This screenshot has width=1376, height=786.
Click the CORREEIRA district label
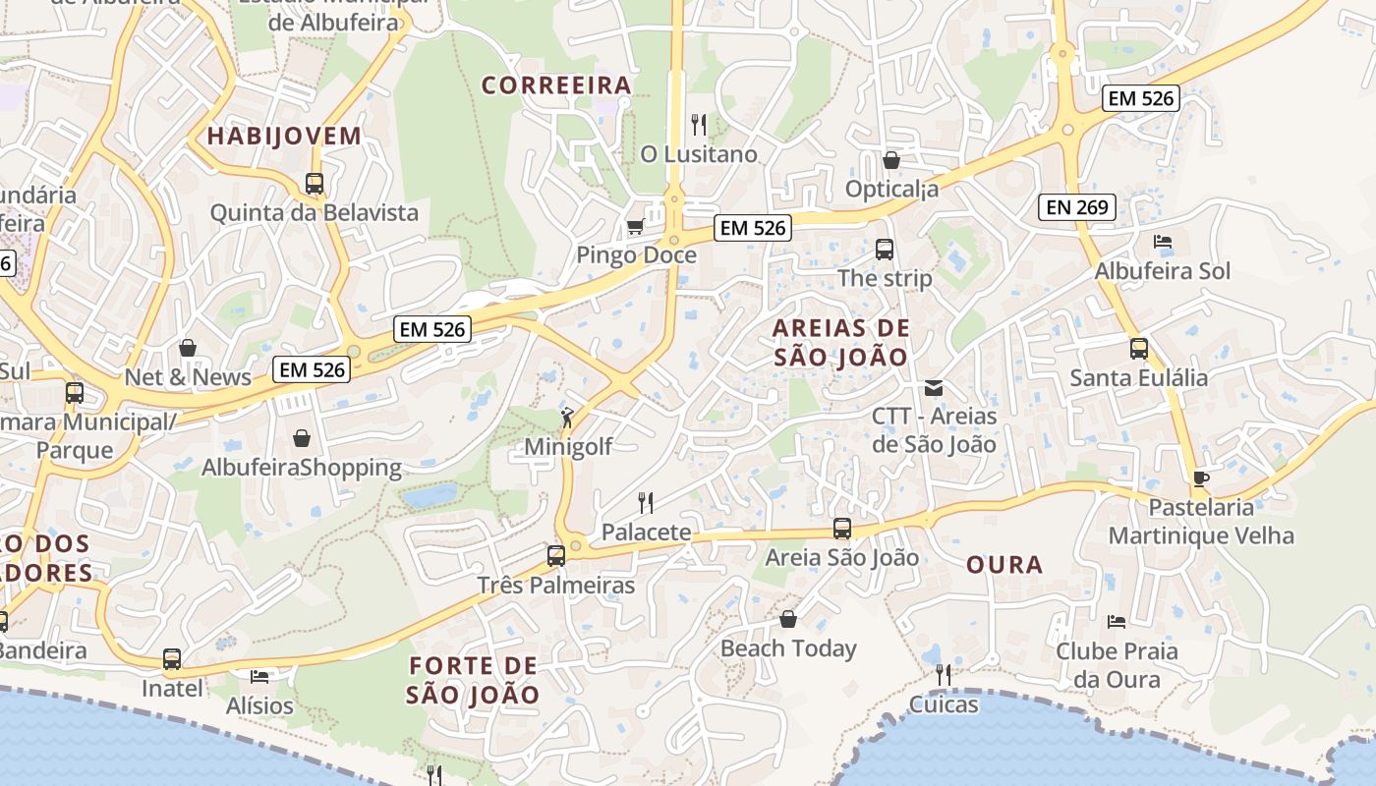pos(556,85)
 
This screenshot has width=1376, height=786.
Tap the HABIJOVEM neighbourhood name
pos(284,137)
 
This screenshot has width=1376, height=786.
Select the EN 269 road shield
pos(1077,207)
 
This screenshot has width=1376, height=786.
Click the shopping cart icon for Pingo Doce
pos(636,227)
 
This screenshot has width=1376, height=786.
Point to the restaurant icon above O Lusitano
pos(699,125)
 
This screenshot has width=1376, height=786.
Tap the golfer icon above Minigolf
pos(567,418)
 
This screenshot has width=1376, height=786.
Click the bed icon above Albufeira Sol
pos(1163,242)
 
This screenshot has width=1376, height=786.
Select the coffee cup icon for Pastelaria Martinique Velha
pos(1200,478)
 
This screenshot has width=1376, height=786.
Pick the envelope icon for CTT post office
pos(934,388)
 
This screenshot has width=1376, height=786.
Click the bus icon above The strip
pos(885,250)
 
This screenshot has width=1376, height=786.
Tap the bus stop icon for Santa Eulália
pos(1139,349)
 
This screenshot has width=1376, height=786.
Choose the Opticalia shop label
pos(892,189)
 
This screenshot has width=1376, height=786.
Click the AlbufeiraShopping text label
pos(302,468)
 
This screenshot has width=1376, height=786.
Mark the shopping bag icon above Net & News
pos(188,348)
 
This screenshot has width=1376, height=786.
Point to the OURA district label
pos(1004,565)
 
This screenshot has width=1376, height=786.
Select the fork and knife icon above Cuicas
pos(944,675)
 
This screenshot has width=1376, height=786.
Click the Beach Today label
pos(788,648)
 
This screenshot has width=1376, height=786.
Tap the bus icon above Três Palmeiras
pos(556,556)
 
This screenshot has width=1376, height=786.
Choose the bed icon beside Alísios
pos(259,677)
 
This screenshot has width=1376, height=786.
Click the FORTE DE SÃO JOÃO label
pos(474,680)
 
